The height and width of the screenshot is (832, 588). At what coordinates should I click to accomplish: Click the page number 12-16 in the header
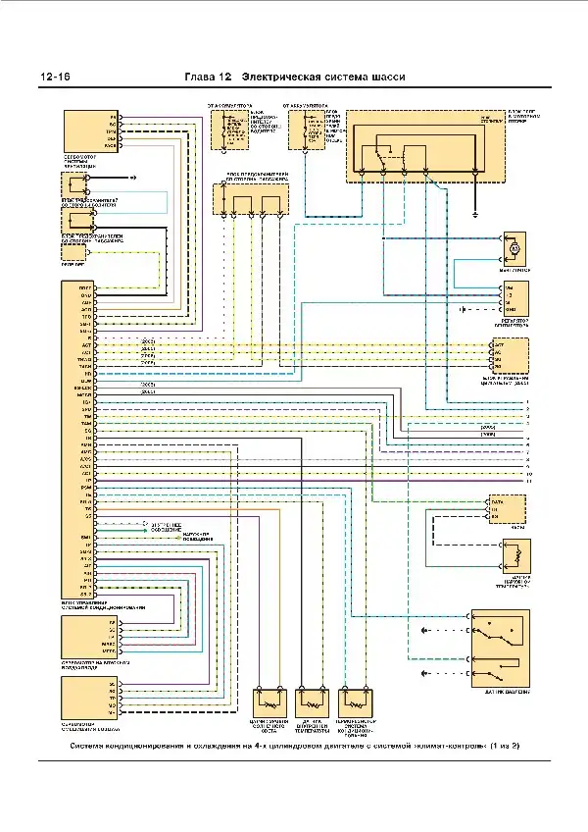(x=54, y=78)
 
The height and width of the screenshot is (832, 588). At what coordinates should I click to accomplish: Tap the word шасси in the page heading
(x=385, y=78)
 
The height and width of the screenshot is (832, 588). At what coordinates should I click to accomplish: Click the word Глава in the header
(x=202, y=78)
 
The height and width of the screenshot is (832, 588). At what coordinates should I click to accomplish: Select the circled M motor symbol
(x=514, y=249)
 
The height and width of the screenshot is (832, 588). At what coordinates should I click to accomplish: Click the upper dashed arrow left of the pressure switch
(x=423, y=628)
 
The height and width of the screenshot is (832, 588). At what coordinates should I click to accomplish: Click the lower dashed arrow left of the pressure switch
(x=423, y=673)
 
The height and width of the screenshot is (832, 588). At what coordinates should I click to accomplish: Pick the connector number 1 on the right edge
(x=527, y=402)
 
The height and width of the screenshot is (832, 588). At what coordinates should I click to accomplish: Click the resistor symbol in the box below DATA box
(x=510, y=555)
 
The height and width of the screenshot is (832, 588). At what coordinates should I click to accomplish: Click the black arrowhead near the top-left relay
(x=135, y=178)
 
